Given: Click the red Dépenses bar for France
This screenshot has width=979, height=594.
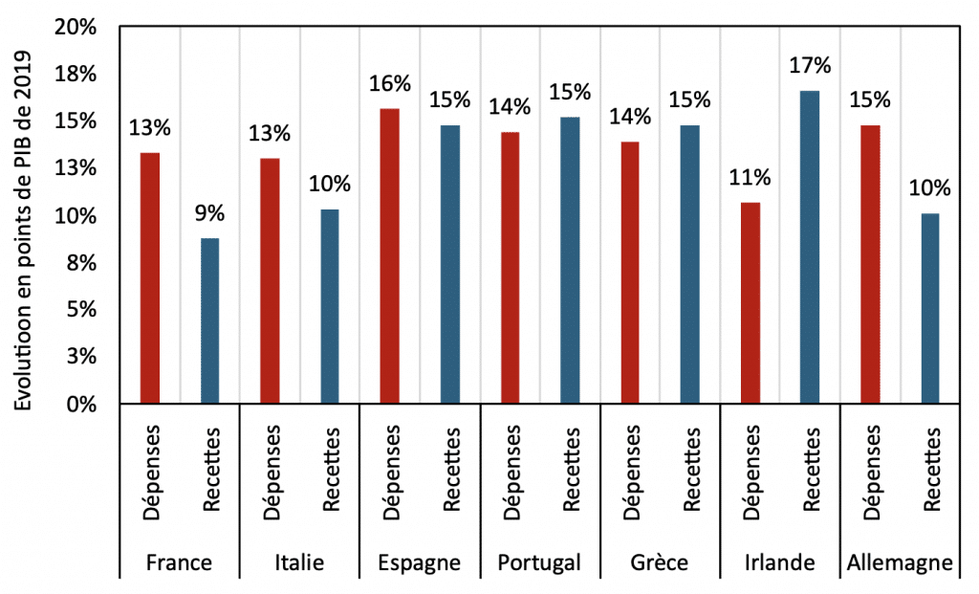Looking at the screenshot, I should pos(149,277).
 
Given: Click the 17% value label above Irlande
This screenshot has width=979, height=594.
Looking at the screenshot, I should pos(810,67).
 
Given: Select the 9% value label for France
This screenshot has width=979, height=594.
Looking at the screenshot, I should pos(209,213).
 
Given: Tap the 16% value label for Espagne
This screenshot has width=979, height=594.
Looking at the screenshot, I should pos(389,84).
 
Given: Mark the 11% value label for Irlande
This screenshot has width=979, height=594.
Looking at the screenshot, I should pos(750,177).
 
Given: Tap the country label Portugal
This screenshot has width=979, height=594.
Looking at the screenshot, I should pos(539,562).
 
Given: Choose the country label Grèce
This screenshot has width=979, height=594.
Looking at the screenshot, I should pos(659,562).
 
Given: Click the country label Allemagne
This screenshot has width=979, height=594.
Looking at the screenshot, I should pos(900,562).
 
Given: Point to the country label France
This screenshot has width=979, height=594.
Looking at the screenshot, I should pos(179,562).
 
